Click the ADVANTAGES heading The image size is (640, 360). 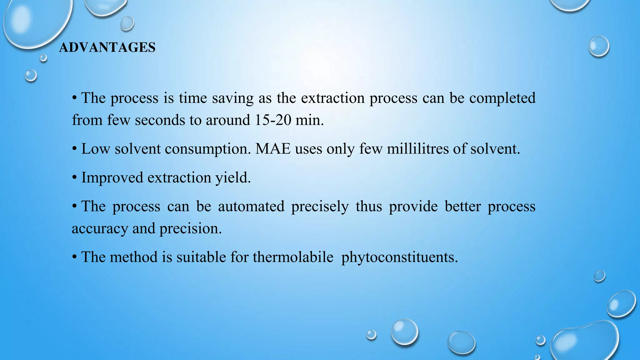pyautogui.click(x=107, y=47)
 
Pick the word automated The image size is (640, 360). pyautogui.click(x=251, y=206)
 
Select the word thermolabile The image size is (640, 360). pyautogui.click(x=293, y=257)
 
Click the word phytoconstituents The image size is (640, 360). pyautogui.click(x=399, y=257)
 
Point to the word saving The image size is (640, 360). pyautogui.click(x=232, y=98)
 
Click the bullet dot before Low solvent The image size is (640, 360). pyautogui.click(x=74, y=148)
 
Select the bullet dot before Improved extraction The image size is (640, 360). pyautogui.click(x=74, y=177)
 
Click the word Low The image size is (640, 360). pyautogui.click(x=96, y=149)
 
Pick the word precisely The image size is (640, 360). pyautogui.click(x=320, y=206)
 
